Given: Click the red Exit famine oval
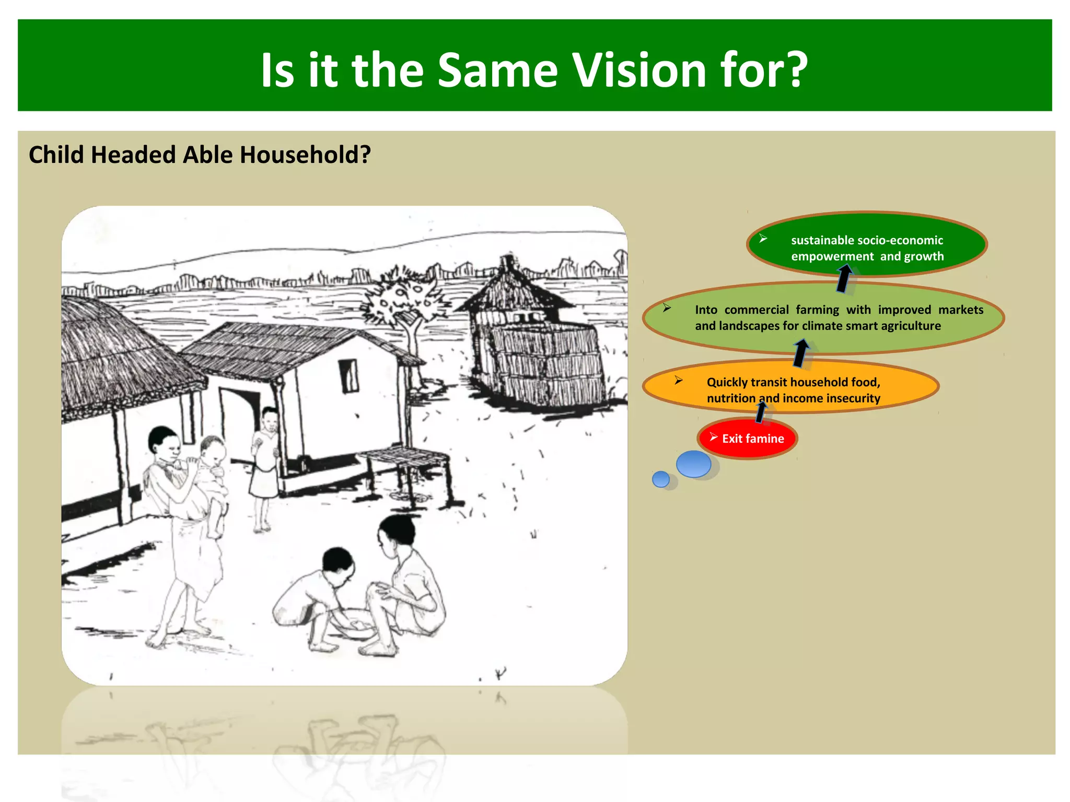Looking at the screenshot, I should [747, 439].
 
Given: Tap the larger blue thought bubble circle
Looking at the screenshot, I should [693, 464].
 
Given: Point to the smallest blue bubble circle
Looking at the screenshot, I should [661, 479].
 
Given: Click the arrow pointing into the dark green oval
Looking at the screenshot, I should [843, 278].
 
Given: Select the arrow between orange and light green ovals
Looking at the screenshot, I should [800, 353].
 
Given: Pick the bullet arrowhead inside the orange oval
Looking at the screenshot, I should [678, 380].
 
